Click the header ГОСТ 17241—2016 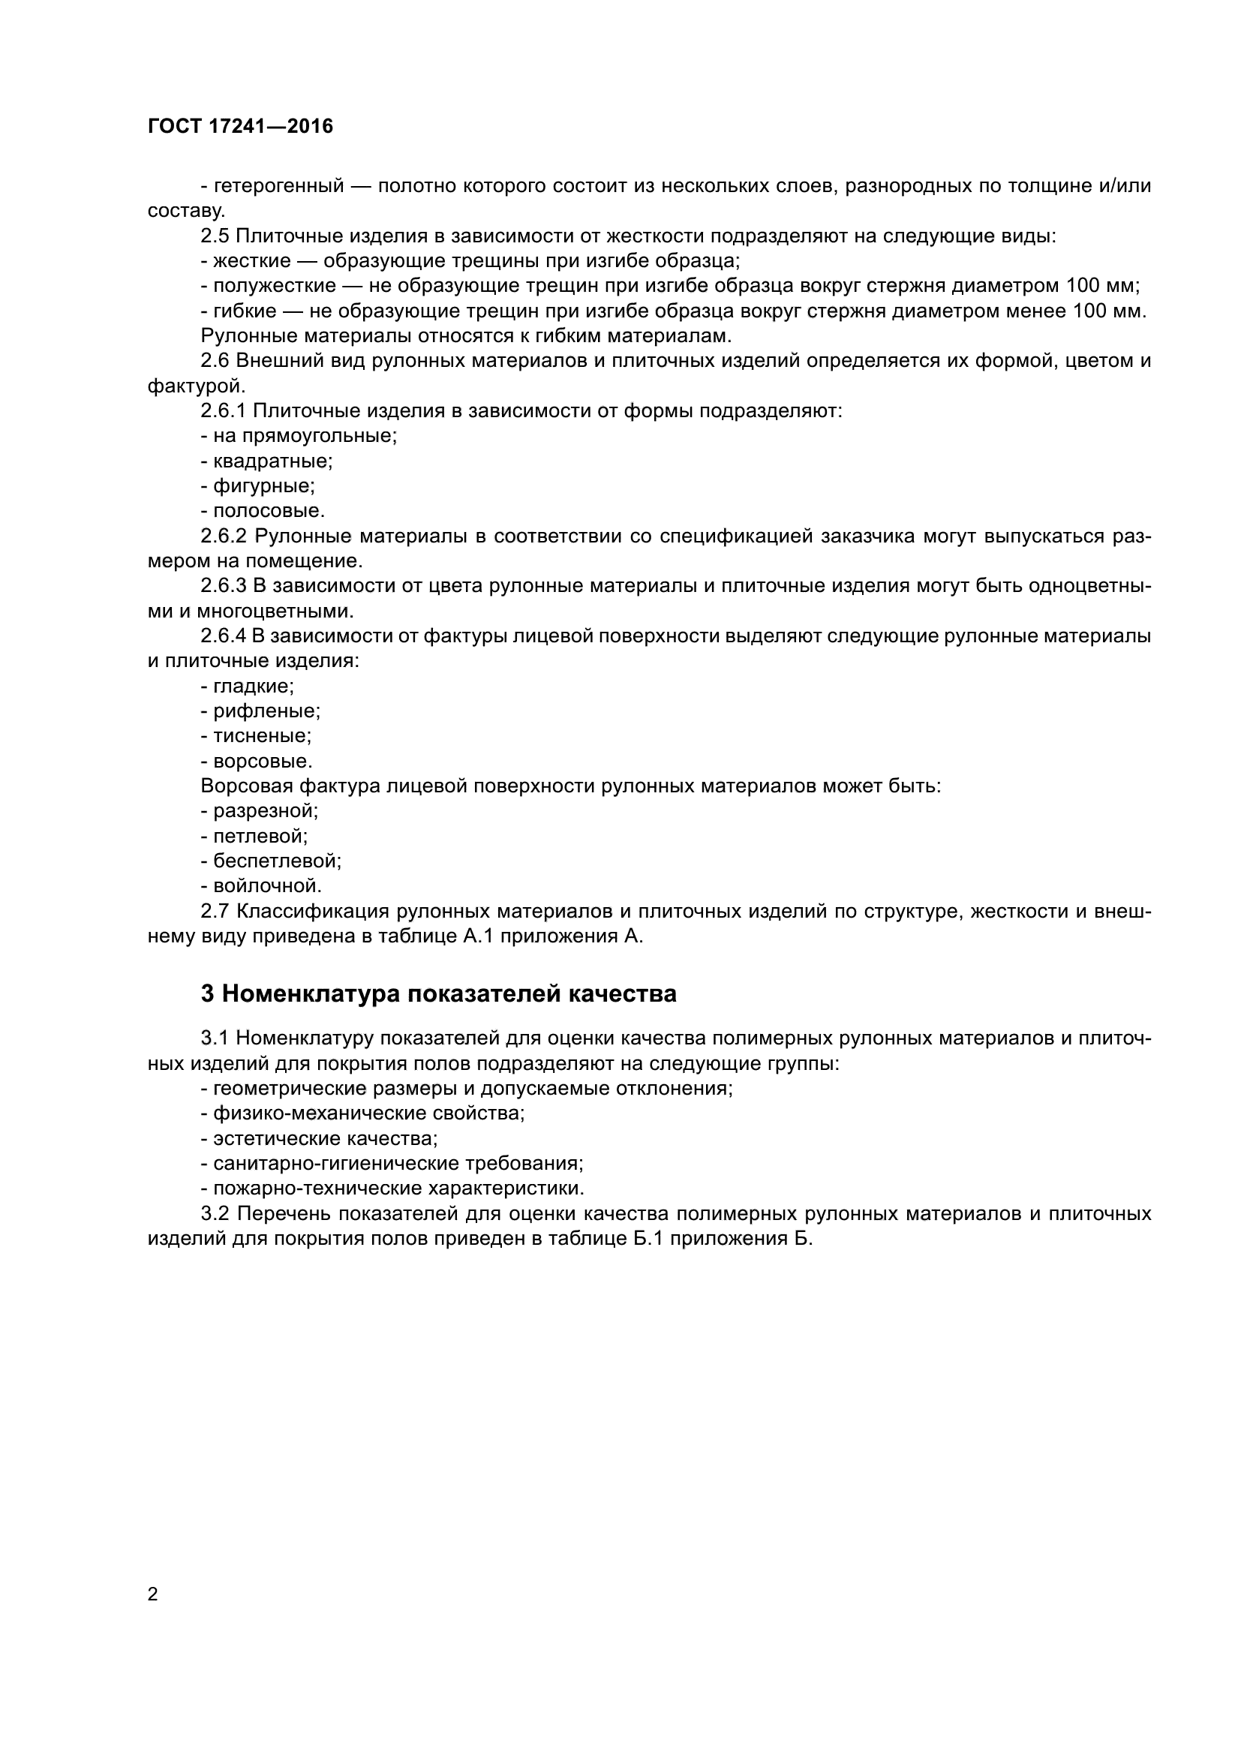coord(240,126)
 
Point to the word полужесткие coord(275,286)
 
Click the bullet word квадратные coord(273,461)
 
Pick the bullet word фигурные coord(263,486)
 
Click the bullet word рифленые coord(266,711)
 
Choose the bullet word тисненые coord(262,736)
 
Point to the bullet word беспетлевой coord(277,861)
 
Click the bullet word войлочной coord(267,886)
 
